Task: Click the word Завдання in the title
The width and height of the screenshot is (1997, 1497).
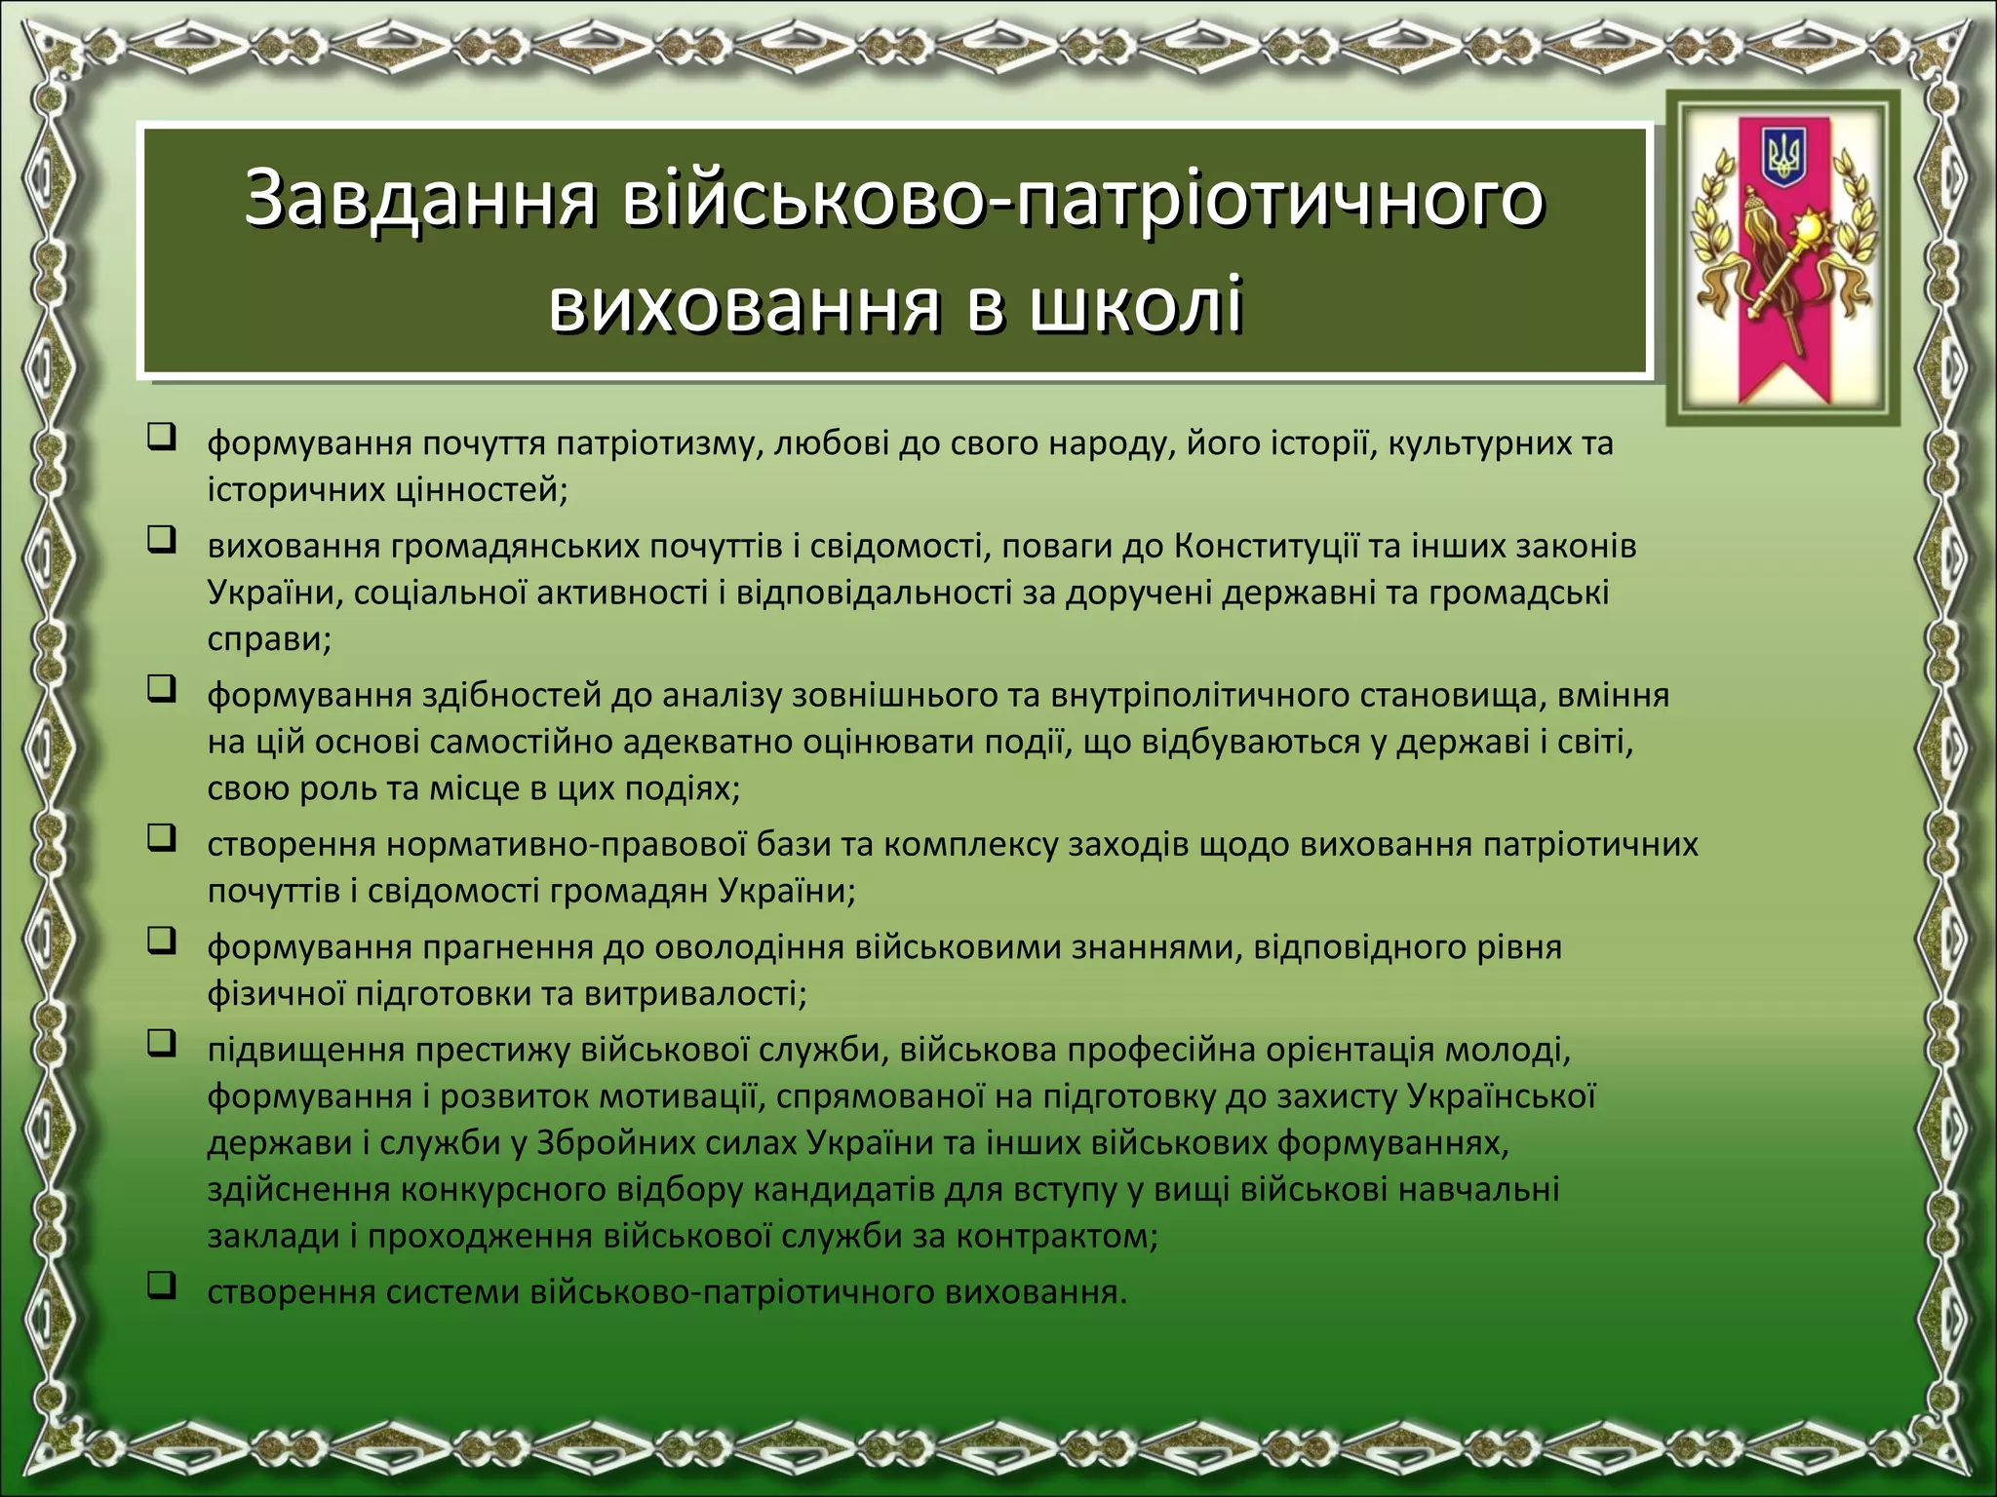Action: pyautogui.click(x=419, y=198)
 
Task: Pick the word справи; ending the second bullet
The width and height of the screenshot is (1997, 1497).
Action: pyautogui.click(x=269, y=639)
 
